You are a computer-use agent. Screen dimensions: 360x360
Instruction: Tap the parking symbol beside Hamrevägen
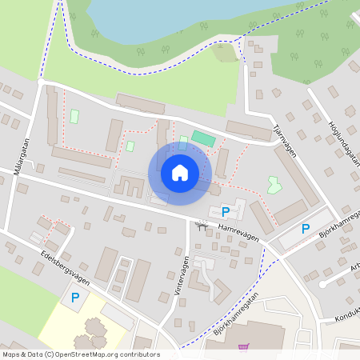(225, 212)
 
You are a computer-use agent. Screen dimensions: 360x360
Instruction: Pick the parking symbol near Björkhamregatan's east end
(305, 229)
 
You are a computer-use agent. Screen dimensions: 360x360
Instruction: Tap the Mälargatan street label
(20, 157)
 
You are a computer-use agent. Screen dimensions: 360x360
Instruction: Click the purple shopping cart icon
(243, 347)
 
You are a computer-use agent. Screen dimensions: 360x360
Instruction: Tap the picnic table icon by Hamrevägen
(201, 225)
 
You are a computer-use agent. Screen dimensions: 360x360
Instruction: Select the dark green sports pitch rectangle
(203, 138)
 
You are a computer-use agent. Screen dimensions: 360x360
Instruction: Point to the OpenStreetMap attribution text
(80, 354)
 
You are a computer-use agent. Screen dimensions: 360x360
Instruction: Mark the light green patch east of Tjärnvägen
(274, 184)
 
